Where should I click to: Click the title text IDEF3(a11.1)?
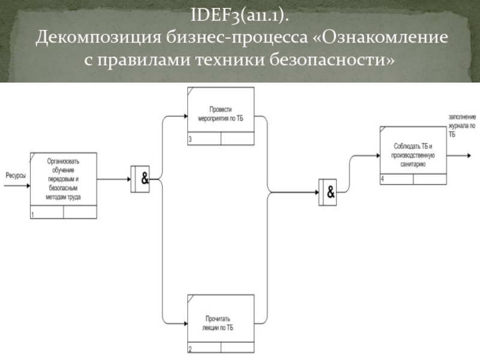(239, 14)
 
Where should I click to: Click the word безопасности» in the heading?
(332, 59)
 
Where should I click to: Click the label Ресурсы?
(16, 176)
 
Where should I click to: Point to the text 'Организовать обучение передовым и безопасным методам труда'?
(63, 179)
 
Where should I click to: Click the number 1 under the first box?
(33, 215)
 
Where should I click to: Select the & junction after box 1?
(140, 179)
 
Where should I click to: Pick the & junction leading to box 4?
(328, 192)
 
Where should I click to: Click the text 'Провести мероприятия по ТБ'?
(221, 114)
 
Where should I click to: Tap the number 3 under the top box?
(190, 139)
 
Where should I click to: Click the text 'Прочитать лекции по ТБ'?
(218, 323)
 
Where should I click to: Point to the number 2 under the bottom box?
(190, 349)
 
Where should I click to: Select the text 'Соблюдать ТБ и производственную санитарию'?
(413, 155)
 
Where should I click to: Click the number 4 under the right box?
(382, 179)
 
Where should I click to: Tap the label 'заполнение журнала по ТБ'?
(462, 125)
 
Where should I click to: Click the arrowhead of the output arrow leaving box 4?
(469, 155)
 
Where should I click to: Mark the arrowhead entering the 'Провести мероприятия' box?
(185, 116)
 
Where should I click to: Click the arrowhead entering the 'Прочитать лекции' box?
(185, 323)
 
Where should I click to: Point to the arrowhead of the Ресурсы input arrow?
(28, 185)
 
